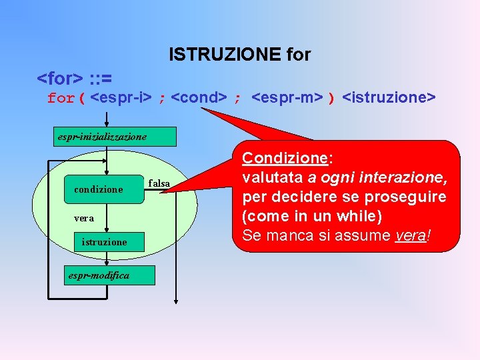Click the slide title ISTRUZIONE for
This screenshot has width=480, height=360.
pos(239,54)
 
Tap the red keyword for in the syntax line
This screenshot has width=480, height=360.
pos(61,99)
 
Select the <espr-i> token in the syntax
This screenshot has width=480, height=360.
pos(121,98)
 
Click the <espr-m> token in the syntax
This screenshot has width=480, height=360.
pos(287,98)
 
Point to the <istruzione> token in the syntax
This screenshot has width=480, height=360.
pos(389,98)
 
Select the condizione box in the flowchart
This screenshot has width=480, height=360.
pos(98,190)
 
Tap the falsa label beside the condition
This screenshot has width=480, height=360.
pos(159,183)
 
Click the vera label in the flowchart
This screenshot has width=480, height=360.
pos(84,218)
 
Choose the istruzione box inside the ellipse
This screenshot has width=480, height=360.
pos(104,242)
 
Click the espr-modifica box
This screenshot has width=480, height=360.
pos(99,275)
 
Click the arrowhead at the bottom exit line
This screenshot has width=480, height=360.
pos(175,300)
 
